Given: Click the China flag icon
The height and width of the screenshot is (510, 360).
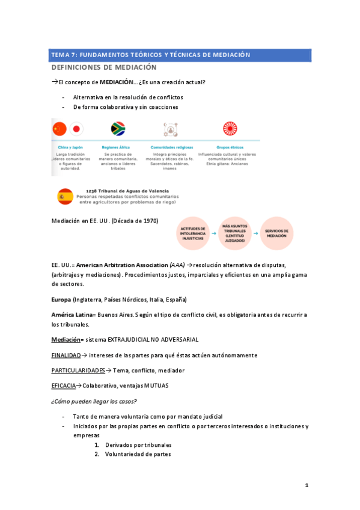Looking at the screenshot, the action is coord(59,129).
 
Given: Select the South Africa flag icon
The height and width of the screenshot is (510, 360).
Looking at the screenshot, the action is coord(118,129).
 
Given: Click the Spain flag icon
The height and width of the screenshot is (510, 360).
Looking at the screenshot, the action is coord(64,196).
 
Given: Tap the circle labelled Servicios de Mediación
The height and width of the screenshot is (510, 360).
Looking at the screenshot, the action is coord(277,234).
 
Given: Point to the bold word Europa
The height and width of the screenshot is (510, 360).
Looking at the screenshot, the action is coord(61,300).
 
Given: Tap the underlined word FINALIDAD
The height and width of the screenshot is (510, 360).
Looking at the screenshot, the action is coord(66,355).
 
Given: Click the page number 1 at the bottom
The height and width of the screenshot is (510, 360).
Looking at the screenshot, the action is coord(306,485).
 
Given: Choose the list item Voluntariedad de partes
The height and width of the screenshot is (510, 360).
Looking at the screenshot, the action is coord(138,454).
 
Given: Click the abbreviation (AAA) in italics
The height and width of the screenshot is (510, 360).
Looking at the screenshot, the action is coord(177,265).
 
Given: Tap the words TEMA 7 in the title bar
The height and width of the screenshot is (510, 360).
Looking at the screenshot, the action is coord(65,55).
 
